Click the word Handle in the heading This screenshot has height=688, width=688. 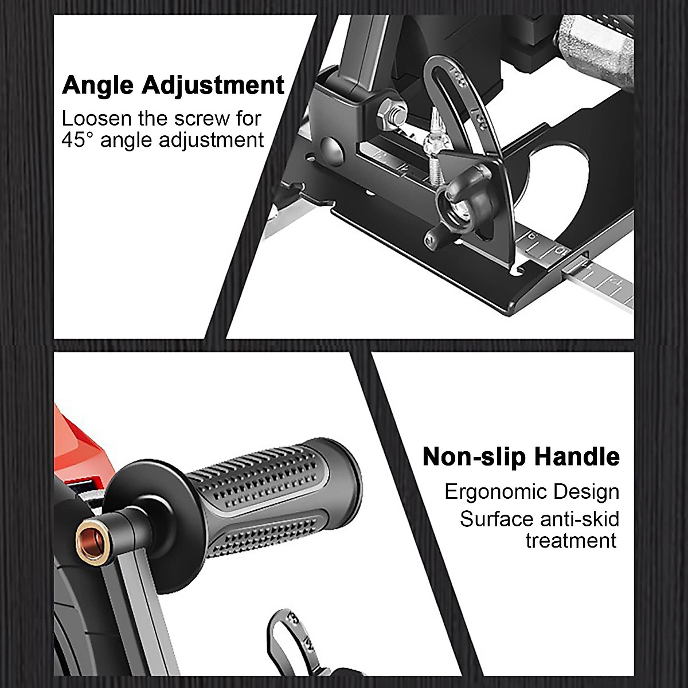[x=577, y=457]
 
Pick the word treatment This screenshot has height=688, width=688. [x=571, y=540]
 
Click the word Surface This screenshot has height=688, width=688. [x=497, y=519]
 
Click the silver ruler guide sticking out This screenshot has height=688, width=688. [x=602, y=281]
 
